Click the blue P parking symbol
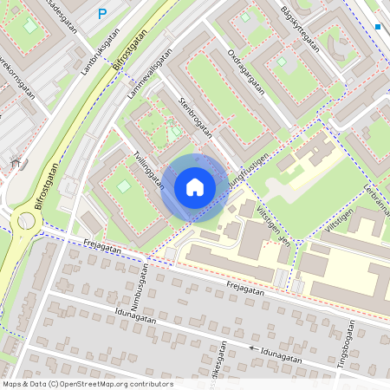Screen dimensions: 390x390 point(102,14)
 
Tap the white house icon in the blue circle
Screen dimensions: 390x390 point(195,186)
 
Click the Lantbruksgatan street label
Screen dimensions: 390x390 point(100,51)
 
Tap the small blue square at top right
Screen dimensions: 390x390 point(378,27)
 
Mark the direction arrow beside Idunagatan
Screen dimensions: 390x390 point(253,348)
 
